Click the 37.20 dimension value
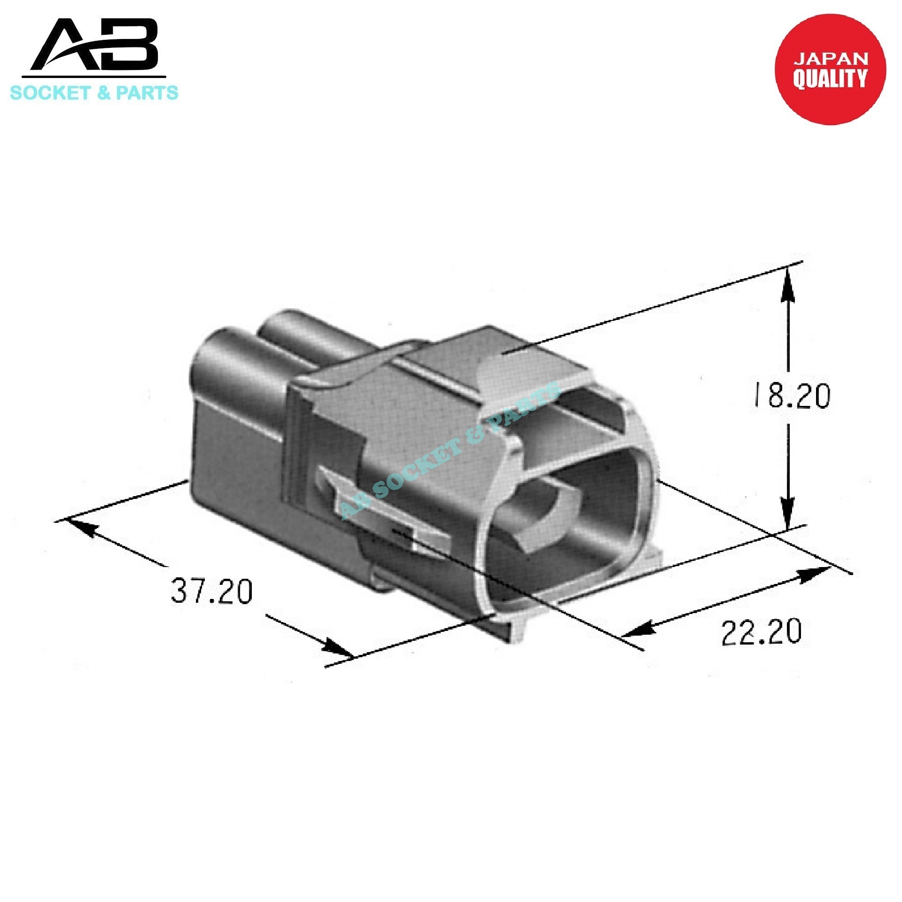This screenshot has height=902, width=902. click(x=211, y=591)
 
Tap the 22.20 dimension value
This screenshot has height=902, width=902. click(x=762, y=632)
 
